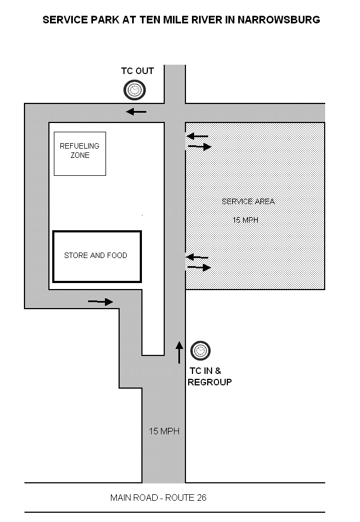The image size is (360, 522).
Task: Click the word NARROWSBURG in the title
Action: (x=278, y=20)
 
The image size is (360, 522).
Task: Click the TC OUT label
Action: (x=138, y=71)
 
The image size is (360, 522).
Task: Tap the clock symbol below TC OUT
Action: (x=134, y=90)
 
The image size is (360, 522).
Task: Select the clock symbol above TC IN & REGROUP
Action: (x=200, y=351)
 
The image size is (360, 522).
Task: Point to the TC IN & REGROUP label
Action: (x=209, y=377)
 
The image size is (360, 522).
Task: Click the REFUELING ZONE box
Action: (x=80, y=154)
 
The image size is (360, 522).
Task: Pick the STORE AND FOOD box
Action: (x=97, y=256)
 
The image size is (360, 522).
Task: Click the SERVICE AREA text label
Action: (x=248, y=201)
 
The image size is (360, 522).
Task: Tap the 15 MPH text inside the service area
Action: (x=246, y=220)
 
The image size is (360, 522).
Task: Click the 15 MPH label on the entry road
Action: (x=164, y=431)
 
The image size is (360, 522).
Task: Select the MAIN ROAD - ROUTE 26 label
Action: (x=158, y=498)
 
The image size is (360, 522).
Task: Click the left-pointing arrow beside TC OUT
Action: (x=136, y=112)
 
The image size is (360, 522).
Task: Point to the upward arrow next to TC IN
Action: (x=179, y=352)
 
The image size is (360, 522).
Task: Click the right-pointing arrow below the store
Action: (x=101, y=302)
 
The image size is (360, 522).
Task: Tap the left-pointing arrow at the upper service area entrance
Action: (x=197, y=136)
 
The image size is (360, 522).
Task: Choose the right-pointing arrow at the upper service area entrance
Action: (x=200, y=146)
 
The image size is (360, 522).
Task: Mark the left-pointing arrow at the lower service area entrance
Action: (x=197, y=257)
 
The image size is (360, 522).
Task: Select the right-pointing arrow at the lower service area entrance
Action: (x=199, y=267)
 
